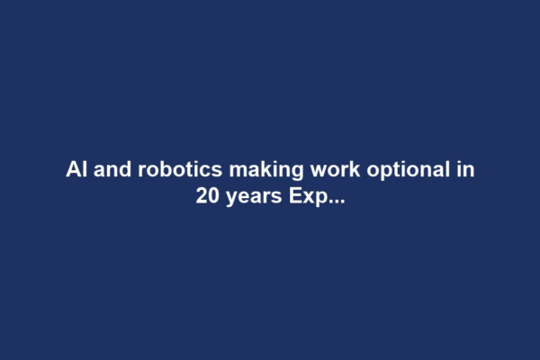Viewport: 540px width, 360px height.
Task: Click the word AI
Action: point(76,169)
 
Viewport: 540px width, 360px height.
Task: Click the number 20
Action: point(208,195)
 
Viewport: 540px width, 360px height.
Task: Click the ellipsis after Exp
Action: point(334,201)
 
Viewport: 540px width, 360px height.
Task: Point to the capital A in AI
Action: point(72,169)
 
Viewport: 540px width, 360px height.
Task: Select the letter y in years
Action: point(231,198)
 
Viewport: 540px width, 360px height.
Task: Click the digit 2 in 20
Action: point(202,195)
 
